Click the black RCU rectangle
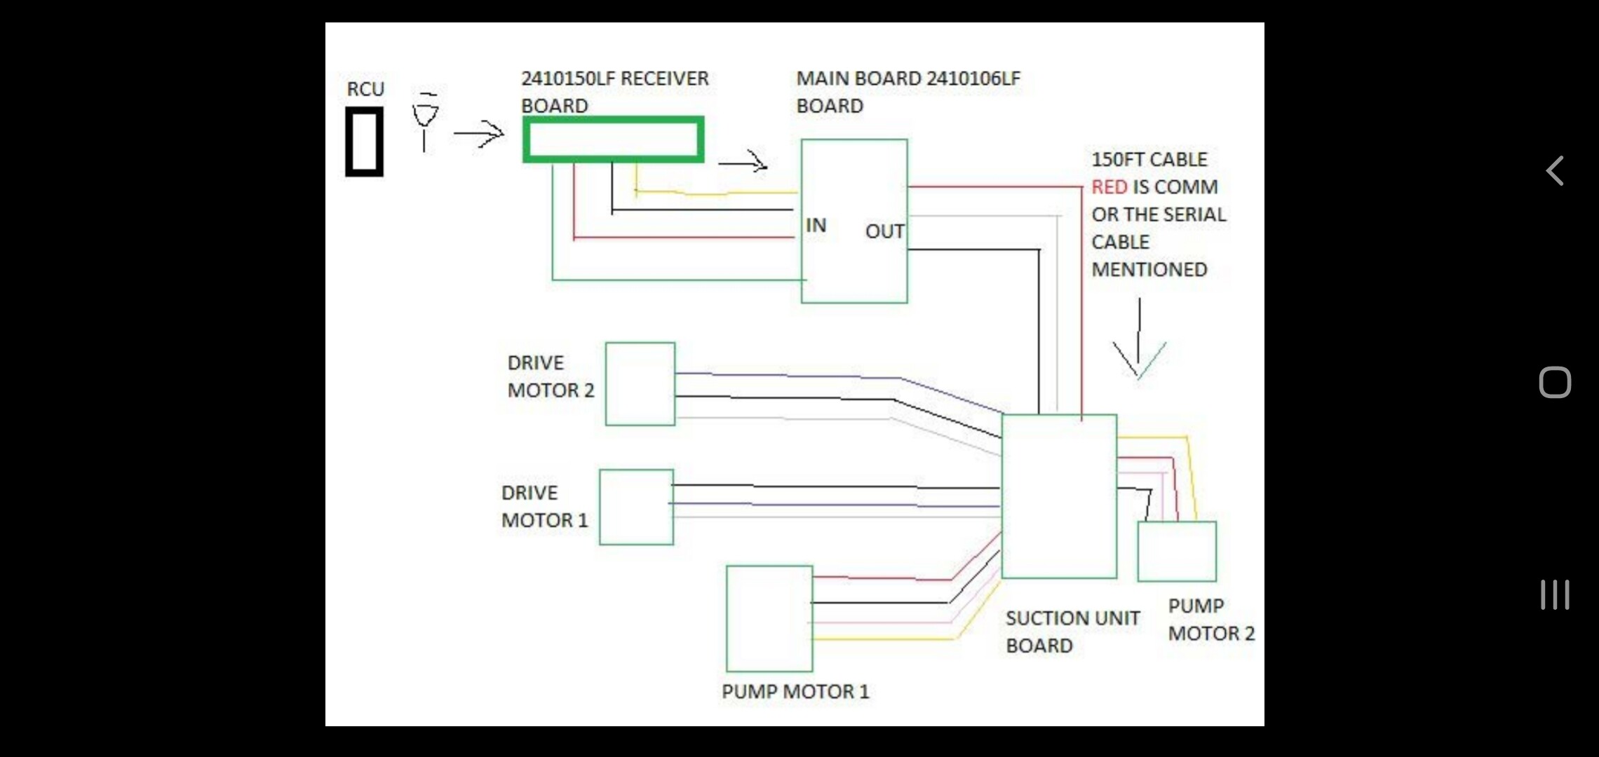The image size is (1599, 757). (x=364, y=142)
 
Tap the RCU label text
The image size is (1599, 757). (x=365, y=90)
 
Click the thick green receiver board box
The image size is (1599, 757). (x=613, y=139)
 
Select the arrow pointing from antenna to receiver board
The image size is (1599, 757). (x=479, y=133)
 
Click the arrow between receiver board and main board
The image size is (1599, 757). (x=743, y=163)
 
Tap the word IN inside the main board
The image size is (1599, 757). (x=816, y=226)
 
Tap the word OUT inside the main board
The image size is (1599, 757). (x=884, y=231)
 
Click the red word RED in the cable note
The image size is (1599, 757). (x=1109, y=187)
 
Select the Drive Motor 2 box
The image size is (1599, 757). (x=640, y=383)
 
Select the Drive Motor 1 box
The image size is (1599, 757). (x=636, y=507)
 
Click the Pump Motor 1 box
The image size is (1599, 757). (x=769, y=618)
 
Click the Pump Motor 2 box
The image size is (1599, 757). (x=1176, y=552)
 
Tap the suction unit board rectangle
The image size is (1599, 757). (x=1059, y=496)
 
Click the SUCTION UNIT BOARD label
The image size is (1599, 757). (x=1072, y=632)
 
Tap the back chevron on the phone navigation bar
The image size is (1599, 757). (x=1555, y=170)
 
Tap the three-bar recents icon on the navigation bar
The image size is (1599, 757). (x=1555, y=594)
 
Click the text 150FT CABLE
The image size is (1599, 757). (x=1149, y=160)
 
